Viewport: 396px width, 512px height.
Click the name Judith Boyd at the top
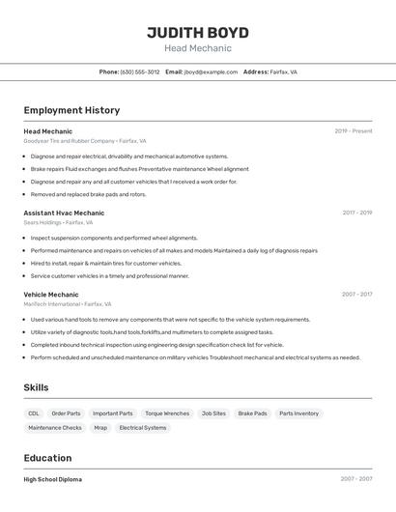tap(198, 32)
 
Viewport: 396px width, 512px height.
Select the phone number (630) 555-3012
tap(140, 71)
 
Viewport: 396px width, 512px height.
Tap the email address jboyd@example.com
tap(211, 71)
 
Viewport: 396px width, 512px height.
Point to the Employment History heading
tap(71, 110)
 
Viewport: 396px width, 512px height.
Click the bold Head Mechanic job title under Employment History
tap(48, 130)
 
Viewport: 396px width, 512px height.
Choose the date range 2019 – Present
tap(353, 130)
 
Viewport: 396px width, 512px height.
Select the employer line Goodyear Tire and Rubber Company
tap(85, 141)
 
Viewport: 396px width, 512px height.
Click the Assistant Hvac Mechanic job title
tap(64, 213)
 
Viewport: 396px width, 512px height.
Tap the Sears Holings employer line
tap(58, 222)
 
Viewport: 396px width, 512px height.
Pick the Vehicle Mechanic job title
tap(51, 294)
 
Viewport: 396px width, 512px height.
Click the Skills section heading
tap(37, 387)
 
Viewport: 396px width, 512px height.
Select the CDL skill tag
tap(34, 413)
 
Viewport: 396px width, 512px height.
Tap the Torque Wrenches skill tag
tap(167, 413)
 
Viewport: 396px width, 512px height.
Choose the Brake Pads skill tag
tap(252, 413)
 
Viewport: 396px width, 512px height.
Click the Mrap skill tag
tap(100, 427)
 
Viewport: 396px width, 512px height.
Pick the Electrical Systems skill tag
tap(143, 427)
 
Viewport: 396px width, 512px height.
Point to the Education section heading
tap(49, 458)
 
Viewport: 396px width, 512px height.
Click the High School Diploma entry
tap(53, 479)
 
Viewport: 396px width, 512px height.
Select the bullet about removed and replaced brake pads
tap(88, 194)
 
